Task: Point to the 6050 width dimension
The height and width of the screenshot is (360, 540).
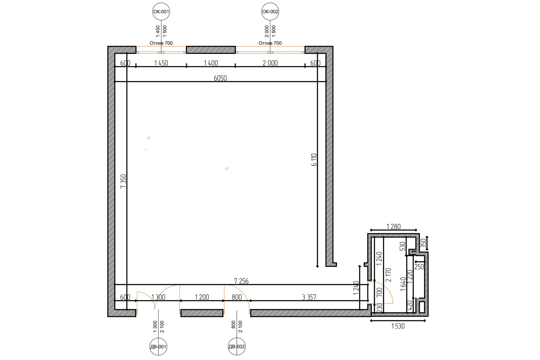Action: coord(220,78)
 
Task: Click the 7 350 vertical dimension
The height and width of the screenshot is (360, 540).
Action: coord(123,181)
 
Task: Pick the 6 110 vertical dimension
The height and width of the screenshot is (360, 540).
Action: coord(314,160)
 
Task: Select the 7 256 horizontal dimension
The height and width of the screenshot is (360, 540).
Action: coord(241,281)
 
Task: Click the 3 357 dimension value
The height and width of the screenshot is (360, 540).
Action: coord(309,297)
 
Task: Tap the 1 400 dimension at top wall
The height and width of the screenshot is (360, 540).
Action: coord(211,63)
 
